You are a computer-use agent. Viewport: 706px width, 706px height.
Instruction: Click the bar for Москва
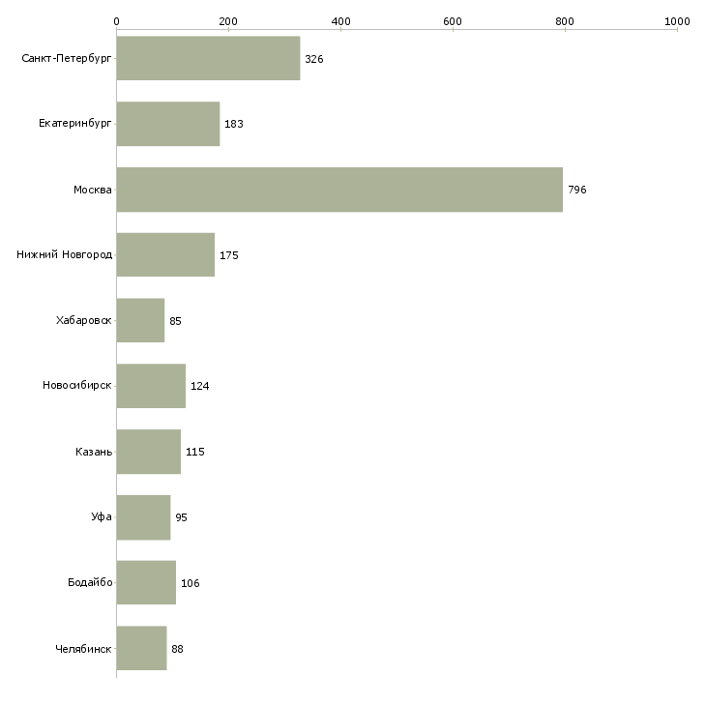339,190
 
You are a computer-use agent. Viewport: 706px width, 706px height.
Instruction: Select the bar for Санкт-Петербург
209,58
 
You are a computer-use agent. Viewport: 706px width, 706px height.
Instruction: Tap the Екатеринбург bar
168,124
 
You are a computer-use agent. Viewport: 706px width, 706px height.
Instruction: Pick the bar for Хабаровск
140,320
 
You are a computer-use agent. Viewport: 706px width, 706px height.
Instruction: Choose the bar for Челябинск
141,648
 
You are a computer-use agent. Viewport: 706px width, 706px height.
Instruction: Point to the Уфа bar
144,517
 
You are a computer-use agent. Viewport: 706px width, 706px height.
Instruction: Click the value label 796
576,190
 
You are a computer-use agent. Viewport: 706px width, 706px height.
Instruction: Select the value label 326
313,59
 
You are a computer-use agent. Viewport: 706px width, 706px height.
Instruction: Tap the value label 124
200,386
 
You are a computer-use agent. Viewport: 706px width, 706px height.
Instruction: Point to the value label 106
190,583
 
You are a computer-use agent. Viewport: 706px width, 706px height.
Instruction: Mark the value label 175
229,255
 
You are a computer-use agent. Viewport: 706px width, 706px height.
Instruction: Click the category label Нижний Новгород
64,255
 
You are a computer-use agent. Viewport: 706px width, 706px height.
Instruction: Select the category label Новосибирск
77,386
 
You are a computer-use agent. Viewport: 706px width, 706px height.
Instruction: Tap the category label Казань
94,452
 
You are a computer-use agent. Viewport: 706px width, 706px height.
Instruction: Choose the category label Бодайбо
90,582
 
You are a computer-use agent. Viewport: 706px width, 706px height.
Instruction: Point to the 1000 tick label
677,21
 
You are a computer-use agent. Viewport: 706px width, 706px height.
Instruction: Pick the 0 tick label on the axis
117,21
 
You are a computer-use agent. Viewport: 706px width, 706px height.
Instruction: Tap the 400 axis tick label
340,21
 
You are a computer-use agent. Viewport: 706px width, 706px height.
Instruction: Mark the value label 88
177,649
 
